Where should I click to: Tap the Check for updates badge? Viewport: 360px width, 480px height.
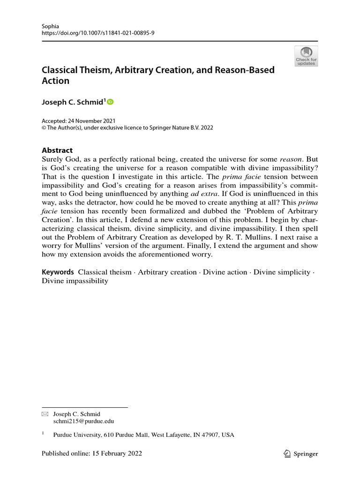click(306, 56)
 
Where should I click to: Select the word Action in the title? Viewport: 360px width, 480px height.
click(55, 81)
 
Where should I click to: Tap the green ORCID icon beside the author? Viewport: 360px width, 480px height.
click(111, 102)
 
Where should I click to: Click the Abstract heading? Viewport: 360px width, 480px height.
click(57, 150)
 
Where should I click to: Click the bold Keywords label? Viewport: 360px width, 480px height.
click(58, 272)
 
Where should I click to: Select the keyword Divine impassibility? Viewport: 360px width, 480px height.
click(75, 281)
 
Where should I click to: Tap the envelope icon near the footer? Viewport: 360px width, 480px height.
click(45, 414)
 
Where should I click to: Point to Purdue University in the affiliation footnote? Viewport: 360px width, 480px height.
click(77, 435)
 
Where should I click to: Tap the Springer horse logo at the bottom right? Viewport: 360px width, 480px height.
click(287, 453)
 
